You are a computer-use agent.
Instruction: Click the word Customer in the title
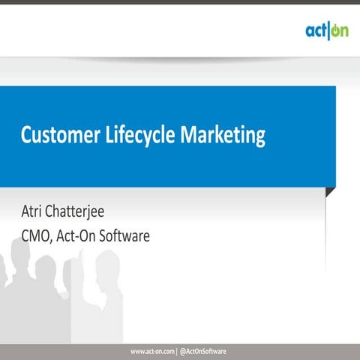(56, 136)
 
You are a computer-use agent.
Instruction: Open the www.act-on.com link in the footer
(152, 351)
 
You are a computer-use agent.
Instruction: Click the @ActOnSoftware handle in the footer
(204, 351)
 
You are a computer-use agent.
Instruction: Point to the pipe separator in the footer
(177, 351)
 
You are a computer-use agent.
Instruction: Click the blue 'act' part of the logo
(315, 31)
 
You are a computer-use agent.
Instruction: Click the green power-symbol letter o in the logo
(334, 31)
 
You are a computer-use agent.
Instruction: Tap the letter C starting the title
(25, 136)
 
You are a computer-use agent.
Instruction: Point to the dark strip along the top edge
(180, 2)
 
